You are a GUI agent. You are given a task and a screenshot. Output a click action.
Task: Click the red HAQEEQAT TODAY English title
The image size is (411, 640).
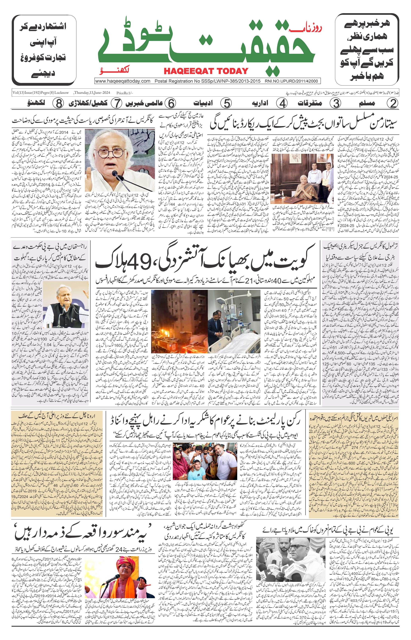tap(206, 71)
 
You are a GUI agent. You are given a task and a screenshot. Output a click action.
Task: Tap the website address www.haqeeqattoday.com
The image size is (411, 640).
tap(122, 81)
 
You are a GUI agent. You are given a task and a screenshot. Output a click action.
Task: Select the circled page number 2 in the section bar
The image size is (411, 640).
tap(393, 103)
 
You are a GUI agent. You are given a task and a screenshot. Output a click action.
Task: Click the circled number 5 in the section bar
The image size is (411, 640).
tap(226, 103)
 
